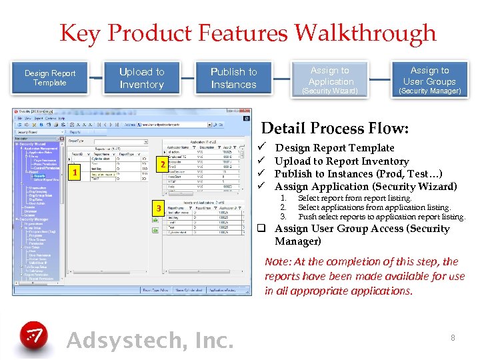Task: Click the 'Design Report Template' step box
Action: point(50,78)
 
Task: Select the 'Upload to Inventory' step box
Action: point(141,78)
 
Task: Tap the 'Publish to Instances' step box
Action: point(233,78)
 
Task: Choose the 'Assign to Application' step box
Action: point(331,79)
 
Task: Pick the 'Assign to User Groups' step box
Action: point(429,79)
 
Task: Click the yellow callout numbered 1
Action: point(76,172)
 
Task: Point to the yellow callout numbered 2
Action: point(161,165)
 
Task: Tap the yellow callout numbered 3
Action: point(158,209)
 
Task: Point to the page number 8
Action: point(453,338)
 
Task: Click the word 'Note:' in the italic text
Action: point(278,262)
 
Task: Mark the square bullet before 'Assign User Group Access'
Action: point(263,229)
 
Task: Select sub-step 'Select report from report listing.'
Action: point(355,198)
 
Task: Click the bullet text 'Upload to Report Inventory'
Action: point(341,161)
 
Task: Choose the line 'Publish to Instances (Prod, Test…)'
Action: point(357,173)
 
